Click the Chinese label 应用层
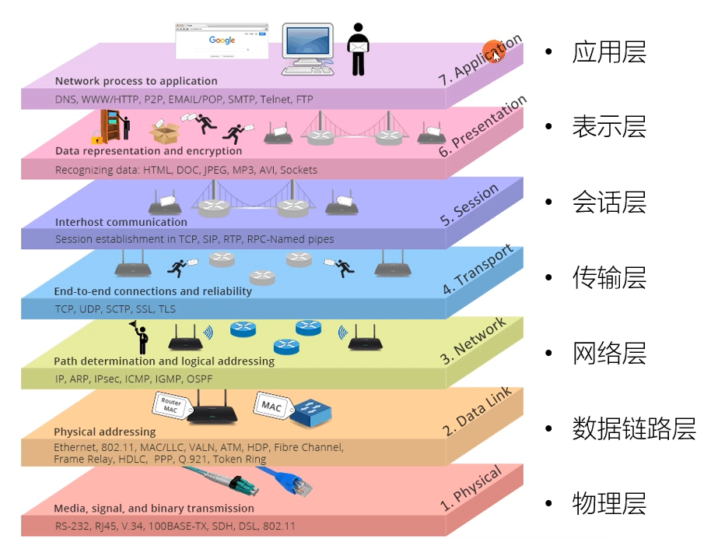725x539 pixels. pyautogui.click(x=609, y=53)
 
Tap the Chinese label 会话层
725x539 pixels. pyautogui.click(x=609, y=203)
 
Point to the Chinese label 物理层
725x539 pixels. pyautogui.click(x=609, y=504)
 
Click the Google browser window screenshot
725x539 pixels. pyautogui.click(x=222, y=41)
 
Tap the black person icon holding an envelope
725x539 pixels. pyautogui.click(x=358, y=48)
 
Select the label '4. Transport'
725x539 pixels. pyautogui.click(x=478, y=270)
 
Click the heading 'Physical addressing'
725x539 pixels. pyautogui.click(x=104, y=432)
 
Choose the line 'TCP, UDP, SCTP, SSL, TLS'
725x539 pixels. pyautogui.click(x=115, y=309)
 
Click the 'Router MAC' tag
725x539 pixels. pyautogui.click(x=170, y=406)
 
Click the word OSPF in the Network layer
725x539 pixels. pyautogui.click(x=198, y=379)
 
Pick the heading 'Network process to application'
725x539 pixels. pyautogui.click(x=136, y=81)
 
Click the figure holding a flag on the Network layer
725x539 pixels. pyautogui.click(x=140, y=336)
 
